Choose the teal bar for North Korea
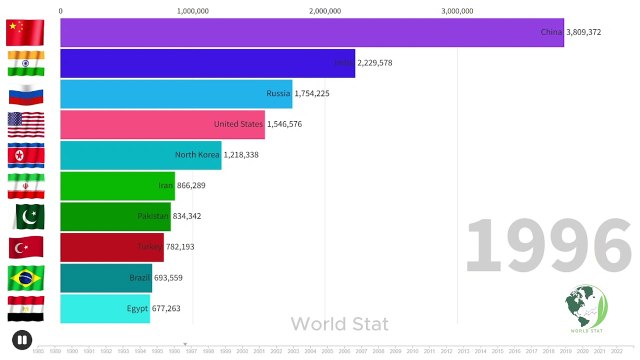click(140, 155)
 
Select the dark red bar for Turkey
click(111, 247)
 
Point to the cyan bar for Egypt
click(105, 308)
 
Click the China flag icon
click(24, 32)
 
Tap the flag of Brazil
click(24, 277)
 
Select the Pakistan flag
click(24, 216)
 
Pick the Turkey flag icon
click(24, 247)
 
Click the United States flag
click(24, 125)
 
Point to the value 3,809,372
click(584, 32)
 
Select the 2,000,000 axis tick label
click(325, 11)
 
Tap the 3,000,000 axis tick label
click(457, 11)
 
